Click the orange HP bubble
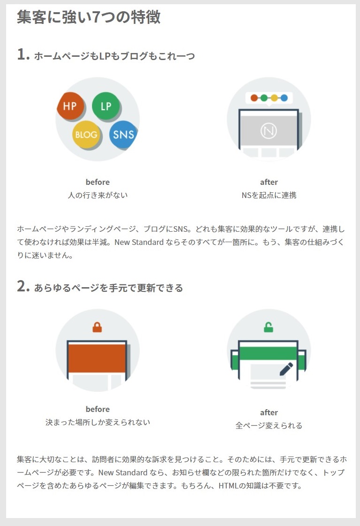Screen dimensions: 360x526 tap(70, 106)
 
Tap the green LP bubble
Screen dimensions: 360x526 tap(106, 106)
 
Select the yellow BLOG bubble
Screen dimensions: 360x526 tap(86, 135)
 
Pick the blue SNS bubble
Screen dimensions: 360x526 tap(123, 135)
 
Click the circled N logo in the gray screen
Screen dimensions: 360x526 tap(268, 130)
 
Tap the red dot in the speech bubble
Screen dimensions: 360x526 tap(254, 98)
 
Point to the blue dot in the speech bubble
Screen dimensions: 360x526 tap(284, 98)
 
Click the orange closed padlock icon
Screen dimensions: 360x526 tap(97, 327)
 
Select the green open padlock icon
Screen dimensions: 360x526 tap(268, 327)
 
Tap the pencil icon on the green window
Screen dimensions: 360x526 tap(286, 369)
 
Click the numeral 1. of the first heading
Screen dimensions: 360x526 tap(23, 54)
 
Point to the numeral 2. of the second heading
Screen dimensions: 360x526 tap(23, 287)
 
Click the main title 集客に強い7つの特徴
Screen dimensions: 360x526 tap(89, 17)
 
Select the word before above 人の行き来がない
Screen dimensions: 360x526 tap(98, 182)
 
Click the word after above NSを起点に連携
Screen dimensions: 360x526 tap(269, 182)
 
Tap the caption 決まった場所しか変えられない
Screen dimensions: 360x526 tap(98, 422)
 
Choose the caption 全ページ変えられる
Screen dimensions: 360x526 tap(269, 426)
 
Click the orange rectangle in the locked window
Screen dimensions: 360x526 tap(97, 358)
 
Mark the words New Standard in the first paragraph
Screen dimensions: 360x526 tap(139, 242)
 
